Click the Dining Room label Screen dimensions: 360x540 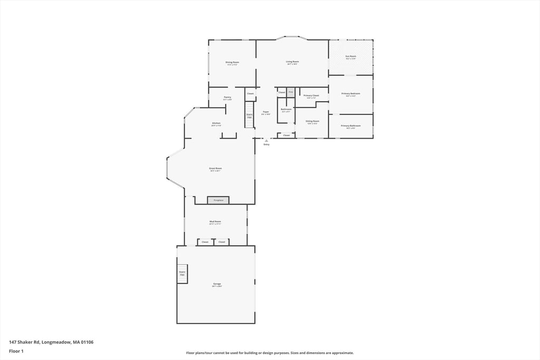232,63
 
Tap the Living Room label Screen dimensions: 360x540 292,62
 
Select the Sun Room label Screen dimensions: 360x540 351,56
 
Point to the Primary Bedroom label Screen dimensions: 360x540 351,94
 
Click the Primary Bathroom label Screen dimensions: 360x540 351,126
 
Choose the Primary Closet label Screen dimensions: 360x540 311,96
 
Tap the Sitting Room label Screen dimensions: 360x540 312,122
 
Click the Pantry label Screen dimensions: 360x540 227,98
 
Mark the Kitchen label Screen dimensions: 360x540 216,124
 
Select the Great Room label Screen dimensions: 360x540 215,169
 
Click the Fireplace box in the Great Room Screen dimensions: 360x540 218,200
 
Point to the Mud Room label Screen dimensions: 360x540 215,222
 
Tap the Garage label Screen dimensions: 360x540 217,285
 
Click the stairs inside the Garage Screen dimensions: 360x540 182,274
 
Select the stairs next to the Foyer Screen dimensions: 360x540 249,115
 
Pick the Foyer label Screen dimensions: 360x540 266,112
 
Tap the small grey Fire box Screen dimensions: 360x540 291,92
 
